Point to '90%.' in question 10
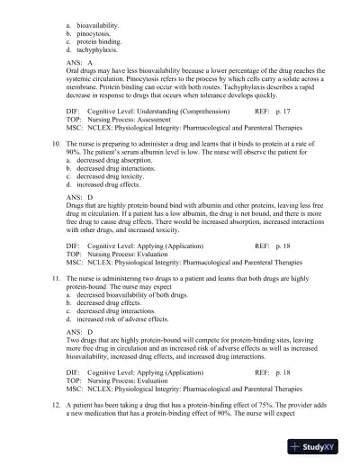click(76, 152)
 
